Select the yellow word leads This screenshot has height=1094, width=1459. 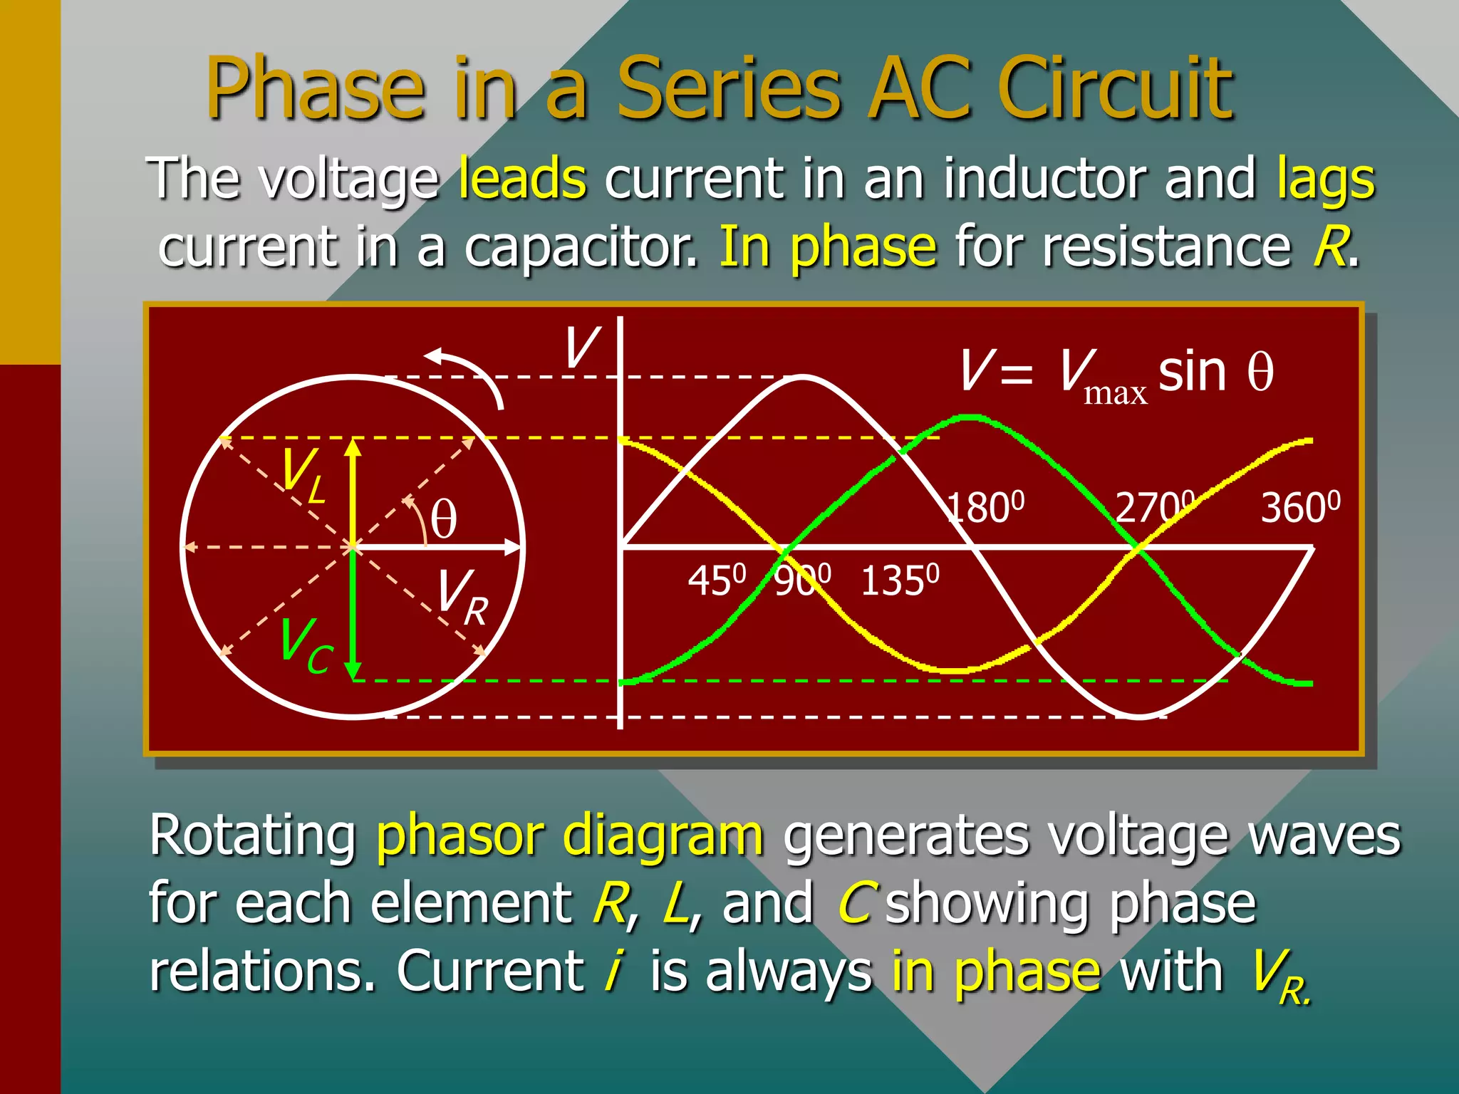(x=522, y=179)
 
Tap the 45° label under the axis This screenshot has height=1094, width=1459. (x=717, y=580)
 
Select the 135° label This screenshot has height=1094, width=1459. (x=900, y=580)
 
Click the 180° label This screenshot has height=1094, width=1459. (x=987, y=508)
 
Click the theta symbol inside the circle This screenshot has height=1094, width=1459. (x=444, y=519)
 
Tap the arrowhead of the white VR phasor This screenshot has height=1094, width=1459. (x=513, y=547)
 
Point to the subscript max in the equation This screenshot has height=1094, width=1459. (x=1115, y=393)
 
